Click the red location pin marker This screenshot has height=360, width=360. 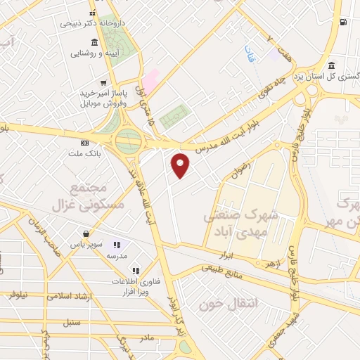pyautogui.click(x=181, y=165)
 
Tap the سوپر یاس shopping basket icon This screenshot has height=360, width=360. pyautogui.click(x=85, y=234)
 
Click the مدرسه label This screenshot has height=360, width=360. pyautogui.click(x=116, y=257)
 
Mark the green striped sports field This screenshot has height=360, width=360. pyautogui.click(x=175, y=117)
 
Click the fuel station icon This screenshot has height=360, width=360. pyautogui.click(x=342, y=22)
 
